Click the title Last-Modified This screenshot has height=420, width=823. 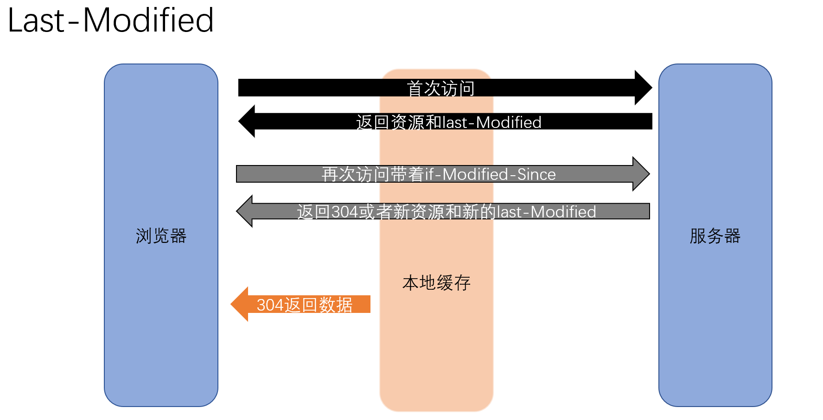click(110, 20)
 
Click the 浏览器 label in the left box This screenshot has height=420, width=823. click(161, 236)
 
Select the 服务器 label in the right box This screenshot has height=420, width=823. click(715, 236)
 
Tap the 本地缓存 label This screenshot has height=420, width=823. click(436, 283)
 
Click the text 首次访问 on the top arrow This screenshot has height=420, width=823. click(440, 89)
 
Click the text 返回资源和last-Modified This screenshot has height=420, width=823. click(448, 122)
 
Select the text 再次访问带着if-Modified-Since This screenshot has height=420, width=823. click(439, 174)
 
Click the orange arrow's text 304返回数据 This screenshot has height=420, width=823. click(305, 305)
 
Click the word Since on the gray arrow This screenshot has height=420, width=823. click(536, 174)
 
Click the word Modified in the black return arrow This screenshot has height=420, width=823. click(509, 122)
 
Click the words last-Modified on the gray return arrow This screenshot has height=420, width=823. click(547, 212)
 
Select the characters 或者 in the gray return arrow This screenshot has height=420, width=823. click(376, 212)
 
